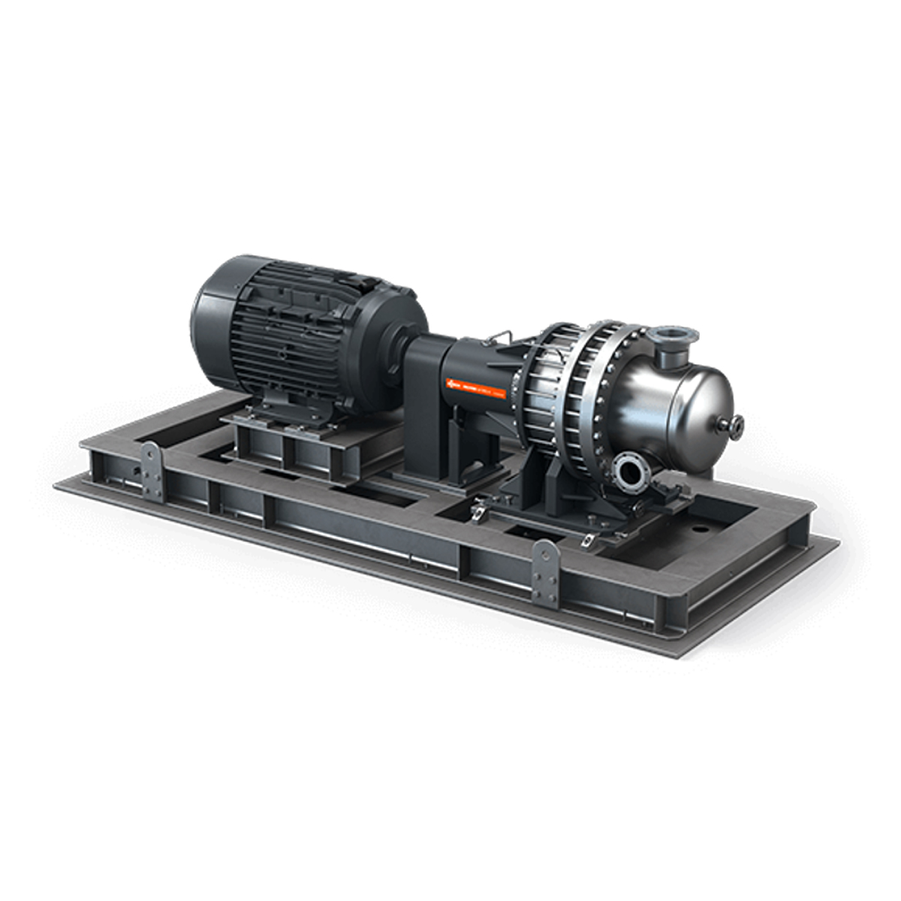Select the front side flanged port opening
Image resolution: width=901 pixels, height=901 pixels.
(629, 472)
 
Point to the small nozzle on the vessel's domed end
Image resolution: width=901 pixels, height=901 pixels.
(733, 426)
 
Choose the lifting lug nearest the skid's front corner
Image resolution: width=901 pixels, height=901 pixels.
(544, 572)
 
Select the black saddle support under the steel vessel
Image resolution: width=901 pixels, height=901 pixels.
(552, 488)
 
